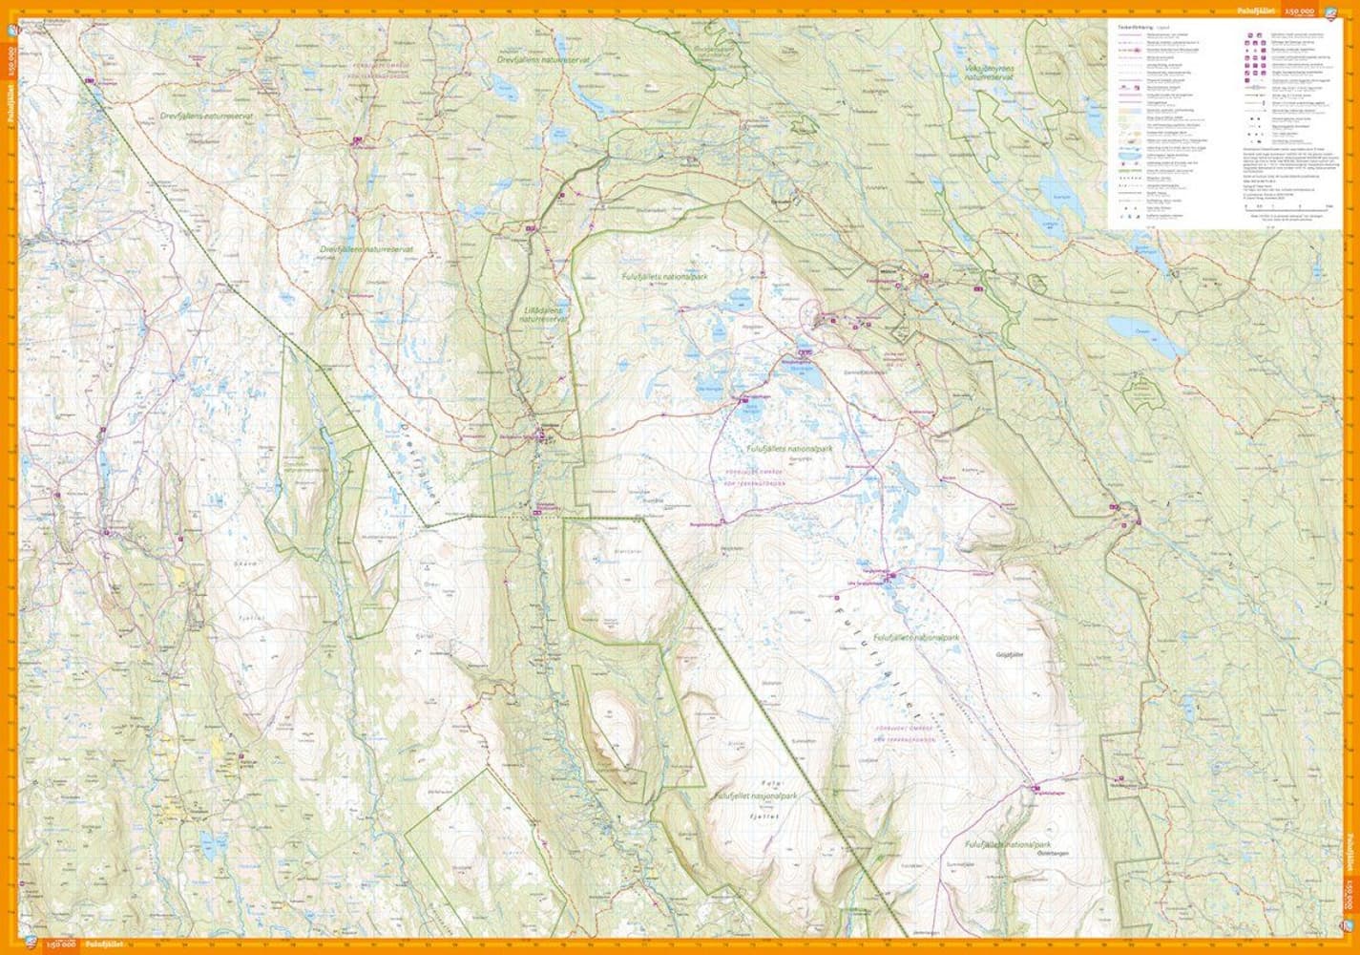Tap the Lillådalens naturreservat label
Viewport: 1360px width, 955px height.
coord(540,316)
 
